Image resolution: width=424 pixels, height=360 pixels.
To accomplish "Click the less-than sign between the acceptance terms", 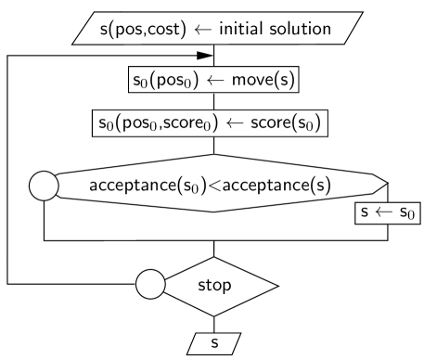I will (x=212, y=185).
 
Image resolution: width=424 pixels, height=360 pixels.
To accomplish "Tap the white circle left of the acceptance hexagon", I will (x=45, y=185).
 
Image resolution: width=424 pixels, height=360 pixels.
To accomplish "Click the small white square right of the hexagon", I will (x=392, y=185).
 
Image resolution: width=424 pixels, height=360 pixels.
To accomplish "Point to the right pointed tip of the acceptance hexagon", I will (x=385, y=185).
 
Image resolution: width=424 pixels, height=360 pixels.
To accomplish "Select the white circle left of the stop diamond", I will (x=150, y=283).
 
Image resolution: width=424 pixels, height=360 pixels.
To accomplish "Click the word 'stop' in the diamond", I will (x=215, y=284).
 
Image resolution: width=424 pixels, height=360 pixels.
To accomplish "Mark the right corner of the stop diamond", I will (x=276, y=283).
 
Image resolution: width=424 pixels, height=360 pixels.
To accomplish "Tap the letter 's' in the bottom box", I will (x=214, y=343).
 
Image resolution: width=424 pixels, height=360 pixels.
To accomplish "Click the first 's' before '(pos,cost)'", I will (x=89, y=30).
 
